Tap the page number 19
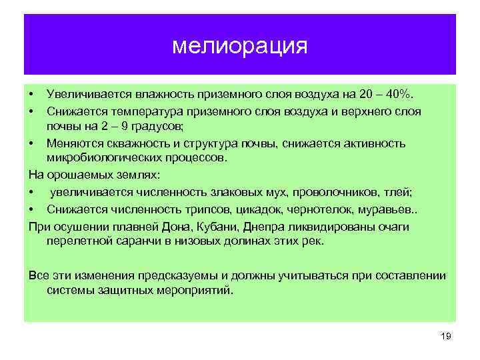[x=446, y=337]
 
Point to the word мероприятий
[x=198, y=291]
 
